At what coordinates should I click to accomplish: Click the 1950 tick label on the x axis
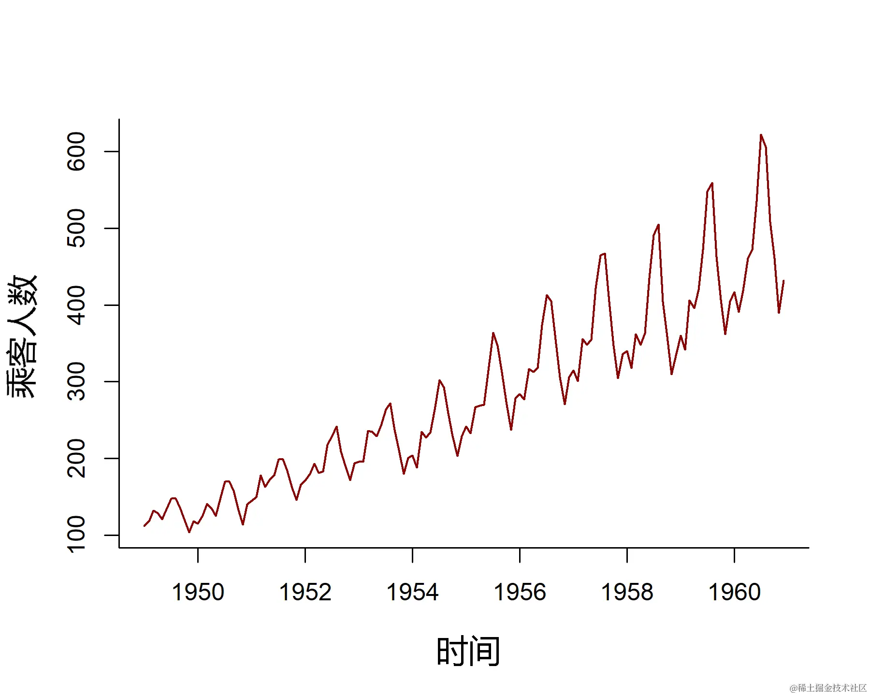[x=198, y=592]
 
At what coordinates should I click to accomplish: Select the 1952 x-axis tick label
[x=305, y=592]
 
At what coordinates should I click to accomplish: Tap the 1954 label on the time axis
[x=413, y=592]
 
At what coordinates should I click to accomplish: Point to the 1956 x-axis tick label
[x=520, y=592]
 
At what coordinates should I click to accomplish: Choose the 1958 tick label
[x=627, y=592]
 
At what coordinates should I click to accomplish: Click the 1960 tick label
[x=734, y=592]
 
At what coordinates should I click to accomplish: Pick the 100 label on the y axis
[x=76, y=535]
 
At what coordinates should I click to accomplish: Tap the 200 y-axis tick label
[x=76, y=458]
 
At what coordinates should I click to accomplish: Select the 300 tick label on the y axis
[x=76, y=381]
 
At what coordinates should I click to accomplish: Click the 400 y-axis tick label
[x=76, y=305]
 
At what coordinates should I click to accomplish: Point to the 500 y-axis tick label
[x=76, y=228]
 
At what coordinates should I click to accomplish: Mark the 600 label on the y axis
[x=76, y=151]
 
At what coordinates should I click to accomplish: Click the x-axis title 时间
[x=468, y=652]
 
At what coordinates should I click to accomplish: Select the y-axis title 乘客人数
[x=22, y=336]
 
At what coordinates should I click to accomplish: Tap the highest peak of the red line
[x=761, y=135]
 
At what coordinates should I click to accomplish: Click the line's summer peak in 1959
[x=712, y=184]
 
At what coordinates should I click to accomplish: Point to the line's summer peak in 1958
[x=658, y=225]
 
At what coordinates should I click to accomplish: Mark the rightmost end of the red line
[x=783, y=281]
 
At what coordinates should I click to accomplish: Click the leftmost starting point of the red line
[x=145, y=526]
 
